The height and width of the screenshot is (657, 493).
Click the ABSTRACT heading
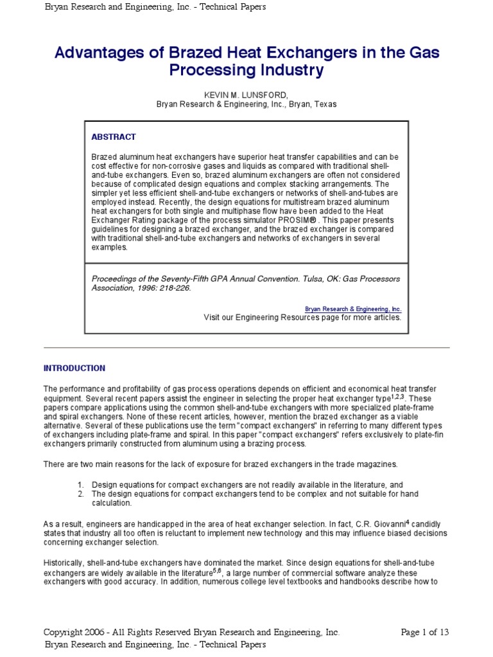click(114, 137)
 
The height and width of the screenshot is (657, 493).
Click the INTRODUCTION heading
click(74, 368)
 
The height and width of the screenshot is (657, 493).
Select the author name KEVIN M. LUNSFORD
click(246, 95)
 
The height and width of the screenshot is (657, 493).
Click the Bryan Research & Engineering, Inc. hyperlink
click(353, 309)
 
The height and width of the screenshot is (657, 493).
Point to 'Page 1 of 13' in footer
click(424, 632)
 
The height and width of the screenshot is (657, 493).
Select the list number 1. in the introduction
click(81, 484)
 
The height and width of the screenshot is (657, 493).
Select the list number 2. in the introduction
click(81, 493)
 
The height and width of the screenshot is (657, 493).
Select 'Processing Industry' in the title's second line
click(246, 71)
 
